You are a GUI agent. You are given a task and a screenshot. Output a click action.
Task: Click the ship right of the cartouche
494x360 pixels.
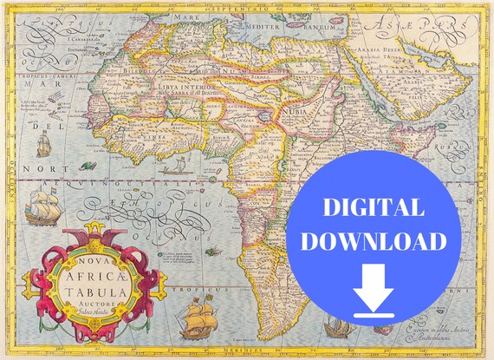(198, 316)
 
